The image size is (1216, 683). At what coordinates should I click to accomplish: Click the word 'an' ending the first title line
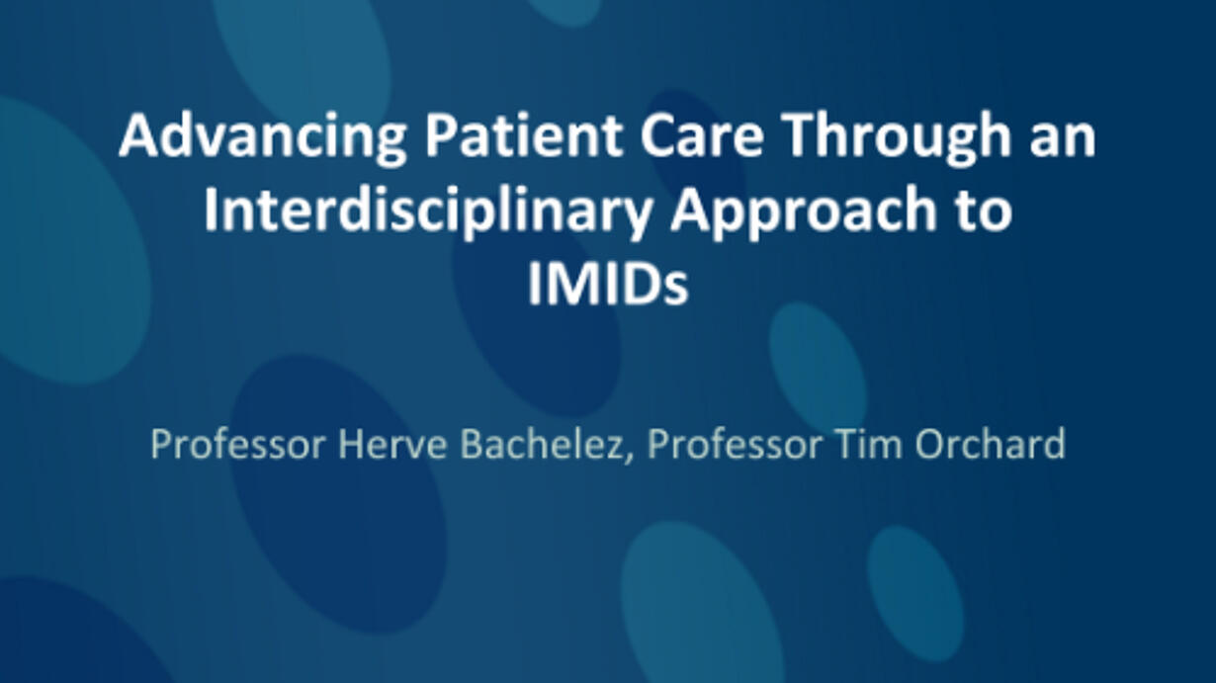(1063, 141)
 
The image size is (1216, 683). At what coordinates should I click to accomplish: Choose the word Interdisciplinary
(427, 211)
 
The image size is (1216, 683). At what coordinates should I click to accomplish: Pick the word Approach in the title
(804, 212)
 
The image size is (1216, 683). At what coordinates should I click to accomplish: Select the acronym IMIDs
(608, 284)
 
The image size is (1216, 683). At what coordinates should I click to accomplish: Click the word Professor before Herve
(238, 444)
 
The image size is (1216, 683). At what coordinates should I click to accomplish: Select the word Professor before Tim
(735, 444)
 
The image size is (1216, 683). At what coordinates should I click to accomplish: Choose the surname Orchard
(991, 444)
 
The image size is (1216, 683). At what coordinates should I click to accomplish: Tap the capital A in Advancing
(137, 135)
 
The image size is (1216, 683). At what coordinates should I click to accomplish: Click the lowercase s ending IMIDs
(677, 290)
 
